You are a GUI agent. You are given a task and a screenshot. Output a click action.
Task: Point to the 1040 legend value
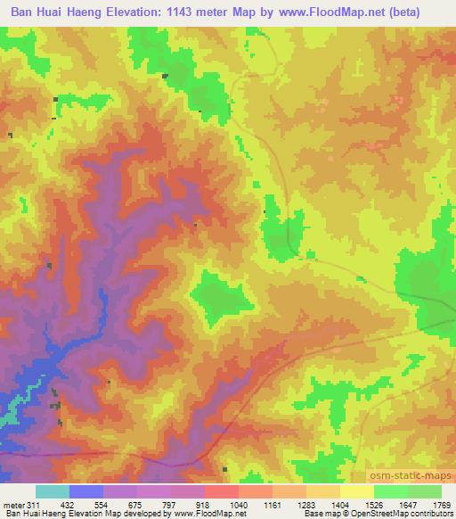pyautogui.click(x=239, y=504)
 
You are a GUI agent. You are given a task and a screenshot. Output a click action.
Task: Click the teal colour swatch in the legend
pyautogui.click(x=52, y=491)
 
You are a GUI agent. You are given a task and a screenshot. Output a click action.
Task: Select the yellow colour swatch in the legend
pyautogui.click(x=356, y=491)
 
